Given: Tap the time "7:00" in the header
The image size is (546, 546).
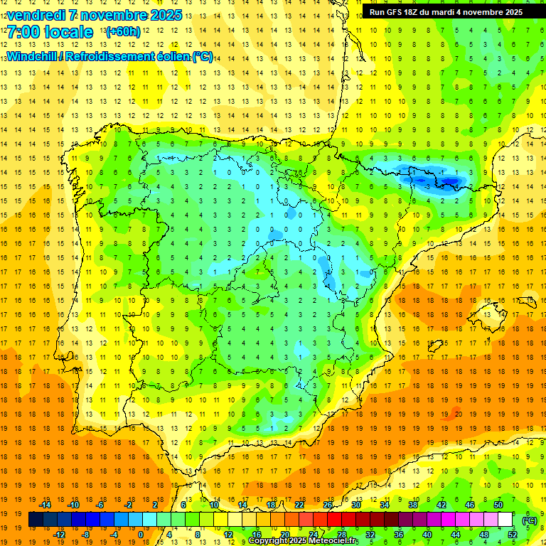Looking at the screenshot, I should [x=26, y=32].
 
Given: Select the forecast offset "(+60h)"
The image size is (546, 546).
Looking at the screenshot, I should [x=123, y=32].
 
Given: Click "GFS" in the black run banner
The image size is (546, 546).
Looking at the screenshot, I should [x=401, y=12].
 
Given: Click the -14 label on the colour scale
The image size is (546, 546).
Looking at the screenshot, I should [x=45, y=504].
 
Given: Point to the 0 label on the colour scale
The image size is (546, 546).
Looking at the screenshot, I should [x=140, y=535].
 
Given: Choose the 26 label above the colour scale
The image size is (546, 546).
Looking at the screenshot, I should [x=328, y=504].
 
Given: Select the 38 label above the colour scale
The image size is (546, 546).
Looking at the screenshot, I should [x=413, y=504].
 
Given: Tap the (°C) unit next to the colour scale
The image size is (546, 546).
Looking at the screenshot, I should [x=530, y=520].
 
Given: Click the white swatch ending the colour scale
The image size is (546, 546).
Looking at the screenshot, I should [x=505, y=520].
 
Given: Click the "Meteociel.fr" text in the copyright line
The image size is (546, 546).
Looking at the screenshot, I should [x=334, y=541].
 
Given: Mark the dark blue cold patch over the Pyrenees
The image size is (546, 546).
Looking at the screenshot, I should [x=430, y=178].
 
